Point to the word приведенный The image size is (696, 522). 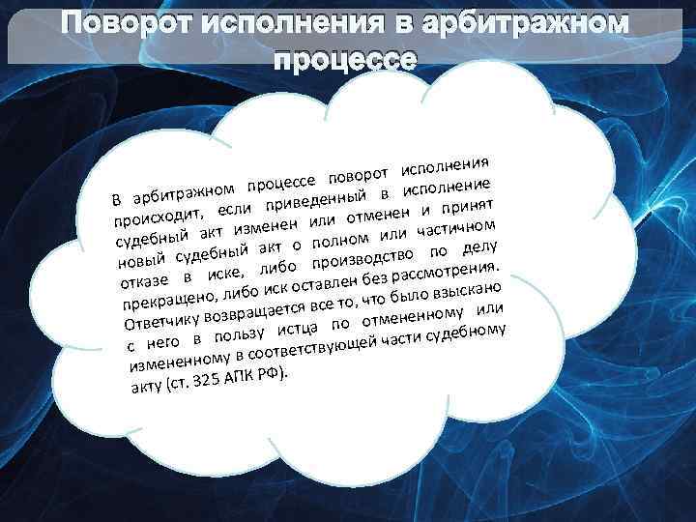coord(313,198)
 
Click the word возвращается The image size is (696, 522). coord(255,308)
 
